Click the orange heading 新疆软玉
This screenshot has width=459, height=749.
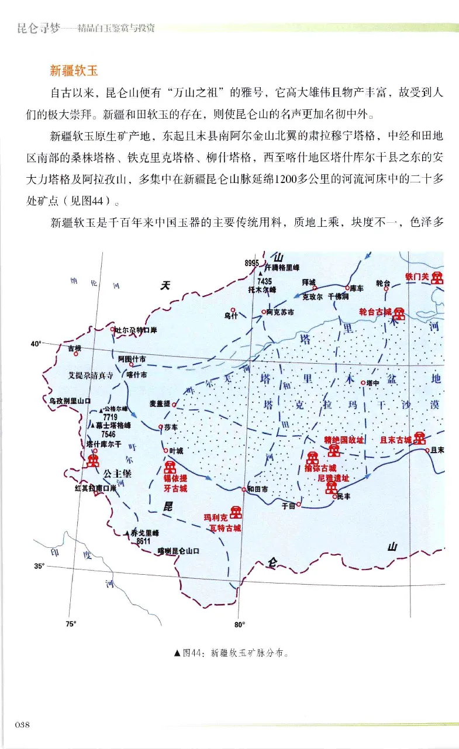73,71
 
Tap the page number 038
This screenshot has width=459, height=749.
22,724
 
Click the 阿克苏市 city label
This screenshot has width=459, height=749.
279,312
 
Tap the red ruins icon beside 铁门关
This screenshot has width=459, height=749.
437,278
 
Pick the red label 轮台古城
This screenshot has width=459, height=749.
375,312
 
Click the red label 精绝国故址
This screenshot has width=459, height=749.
344,439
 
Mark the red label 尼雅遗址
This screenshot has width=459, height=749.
333,478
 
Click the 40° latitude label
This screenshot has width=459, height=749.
36,344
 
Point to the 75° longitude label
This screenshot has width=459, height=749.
70,624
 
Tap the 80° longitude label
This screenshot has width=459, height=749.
239,624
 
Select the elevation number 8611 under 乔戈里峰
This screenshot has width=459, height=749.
143,541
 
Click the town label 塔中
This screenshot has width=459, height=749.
372,382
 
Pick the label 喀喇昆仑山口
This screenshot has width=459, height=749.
179,551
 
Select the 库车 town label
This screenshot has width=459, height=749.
356,288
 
